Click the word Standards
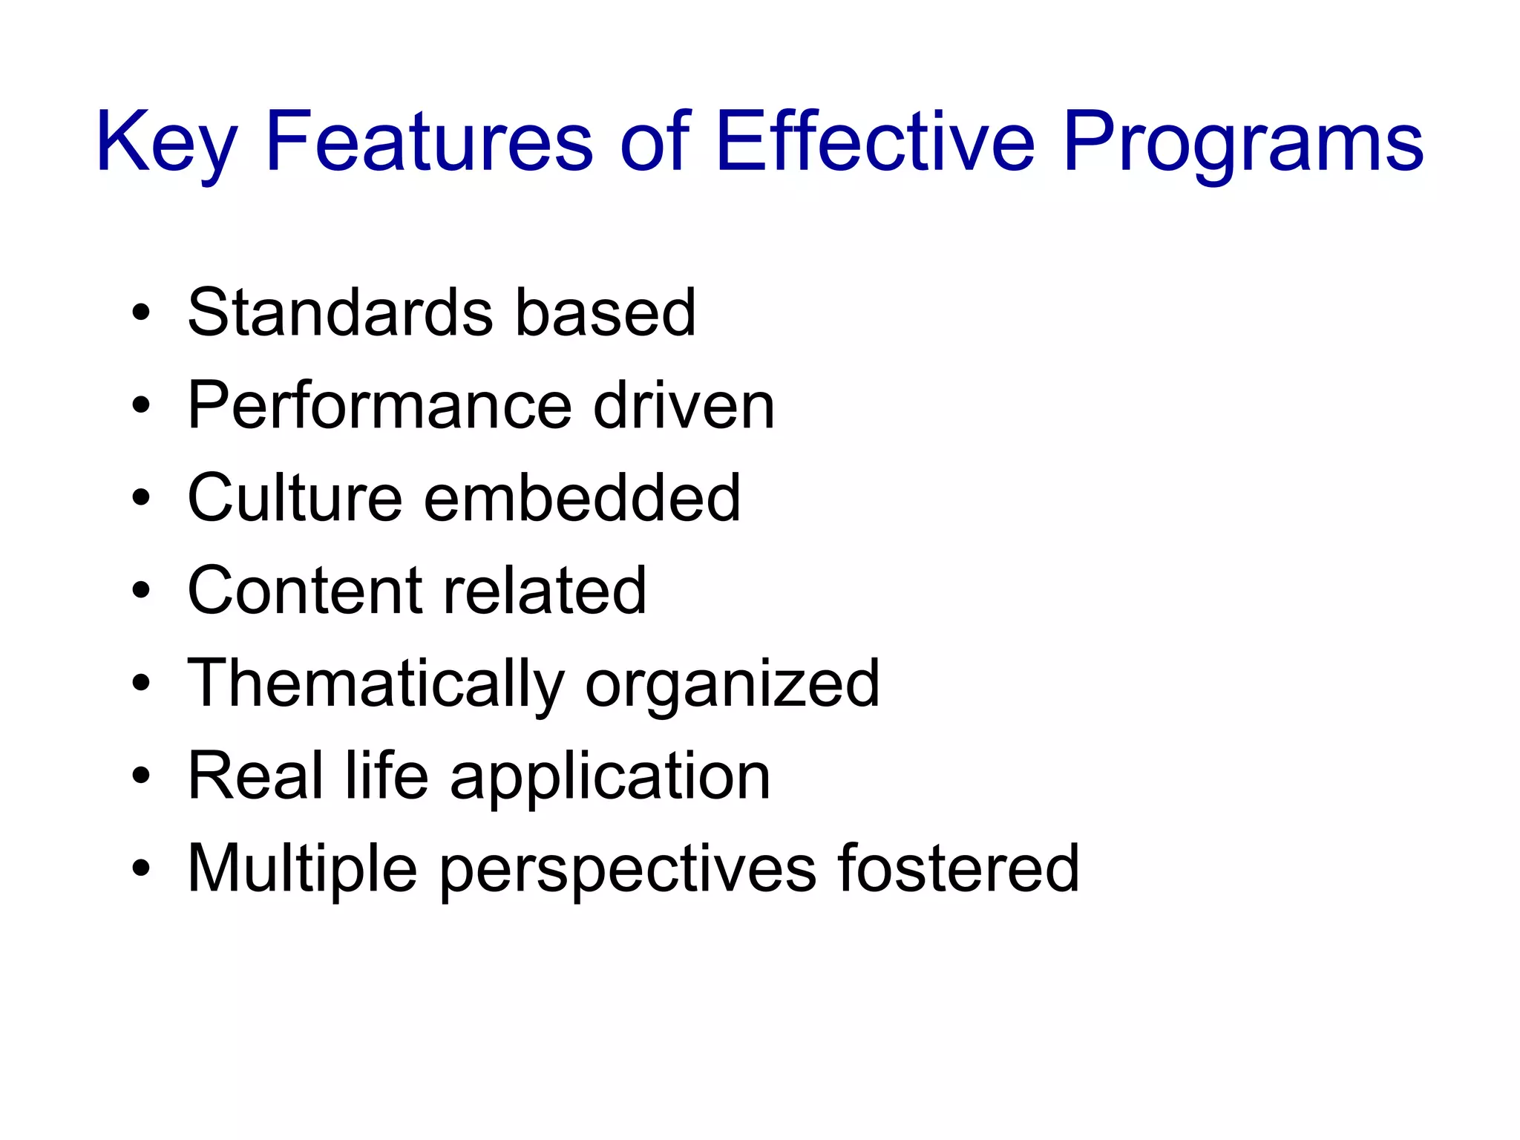(340, 312)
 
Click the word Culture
(295, 498)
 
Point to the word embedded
(582, 498)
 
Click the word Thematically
(376, 684)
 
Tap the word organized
(732, 684)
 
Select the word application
(610, 776)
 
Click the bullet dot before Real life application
(140, 776)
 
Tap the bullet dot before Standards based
(140, 312)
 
